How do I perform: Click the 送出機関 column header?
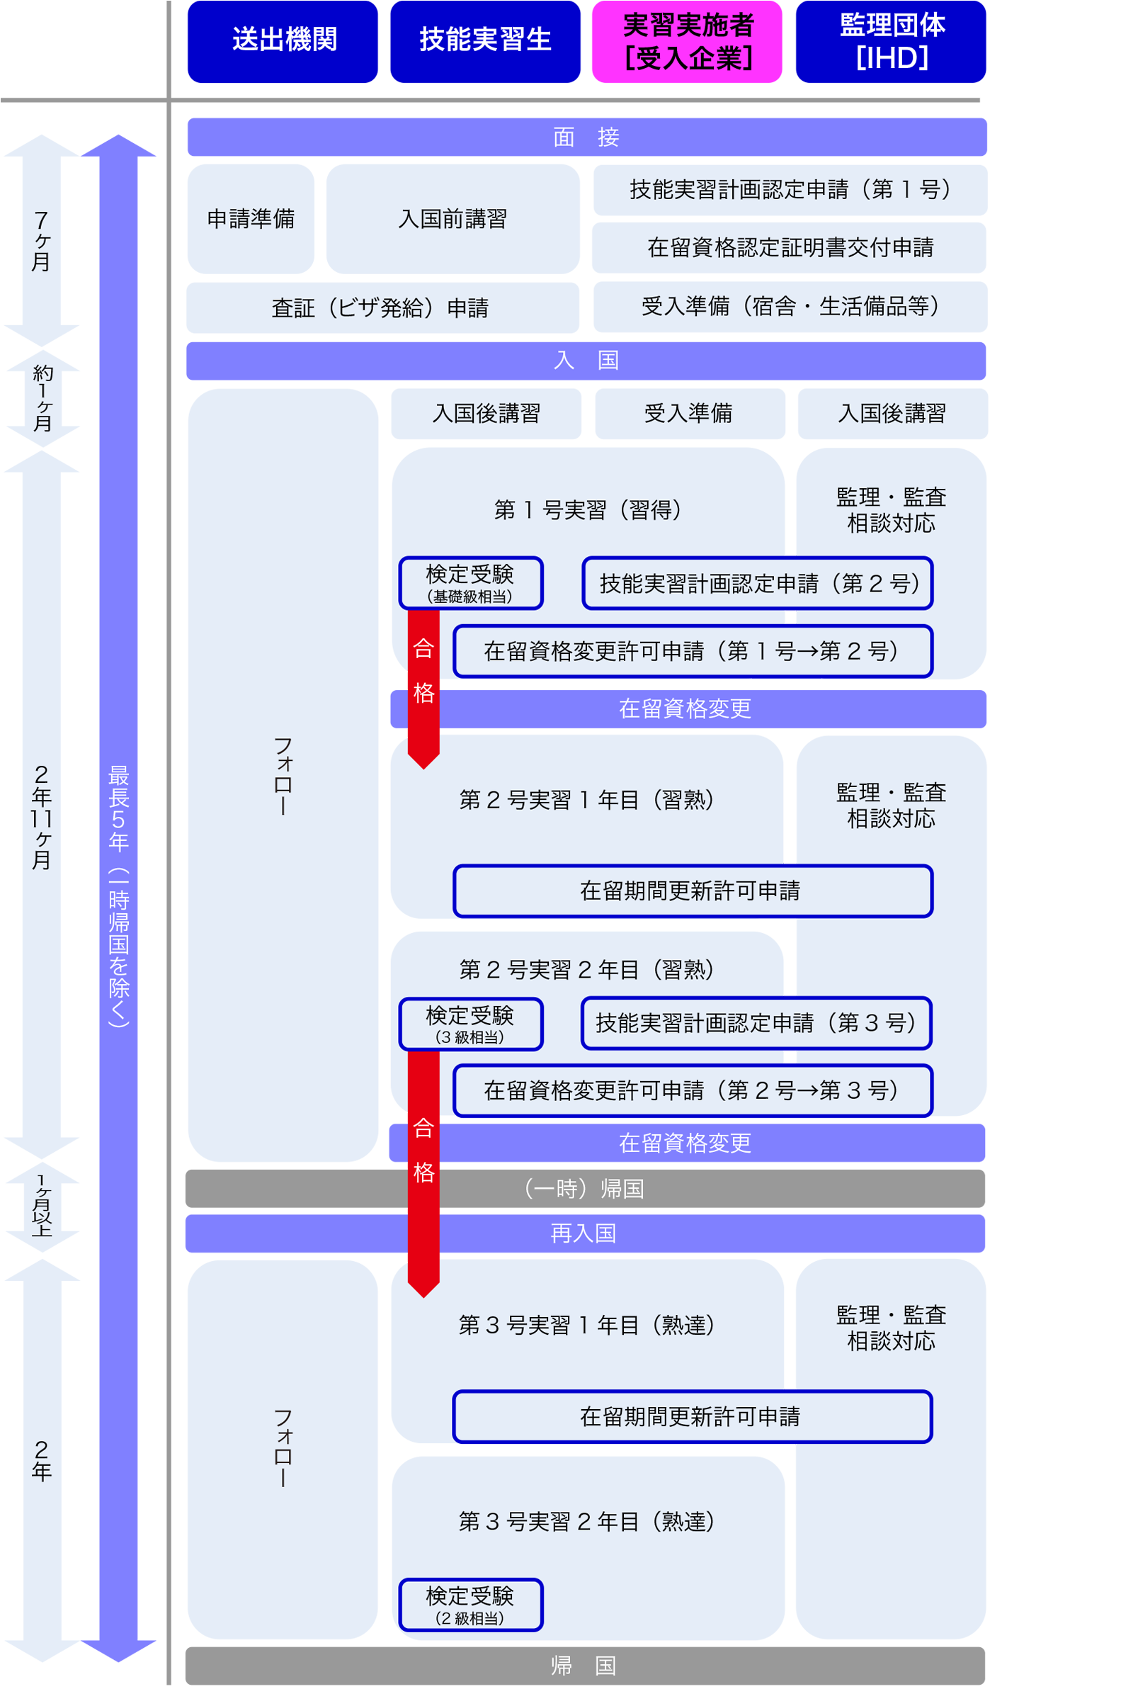pyautogui.click(x=284, y=39)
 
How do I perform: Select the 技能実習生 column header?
pyautogui.click(x=485, y=39)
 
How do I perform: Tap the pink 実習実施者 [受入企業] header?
pyautogui.click(x=687, y=41)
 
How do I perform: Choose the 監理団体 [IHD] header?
pyautogui.click(x=892, y=41)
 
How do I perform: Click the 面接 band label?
pyautogui.click(x=586, y=137)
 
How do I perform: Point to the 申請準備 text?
pyautogui.click(x=251, y=218)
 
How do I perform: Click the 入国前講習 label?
pyautogui.click(x=452, y=218)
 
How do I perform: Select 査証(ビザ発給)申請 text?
pyautogui.click(x=380, y=308)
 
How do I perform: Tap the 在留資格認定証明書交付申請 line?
pyautogui.click(x=790, y=247)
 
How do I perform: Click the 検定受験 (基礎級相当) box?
pyautogui.click(x=470, y=582)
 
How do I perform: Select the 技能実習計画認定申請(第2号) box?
pyautogui.click(x=757, y=582)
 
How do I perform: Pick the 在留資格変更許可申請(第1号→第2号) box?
pyautogui.click(x=693, y=650)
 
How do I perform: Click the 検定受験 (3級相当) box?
pyautogui.click(x=470, y=1024)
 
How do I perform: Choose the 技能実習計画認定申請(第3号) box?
pyautogui.click(x=756, y=1023)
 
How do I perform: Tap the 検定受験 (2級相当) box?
pyautogui.click(x=470, y=1604)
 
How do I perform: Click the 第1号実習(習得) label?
pyautogui.click(x=587, y=509)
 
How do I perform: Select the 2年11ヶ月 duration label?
pyautogui.click(x=41, y=817)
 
